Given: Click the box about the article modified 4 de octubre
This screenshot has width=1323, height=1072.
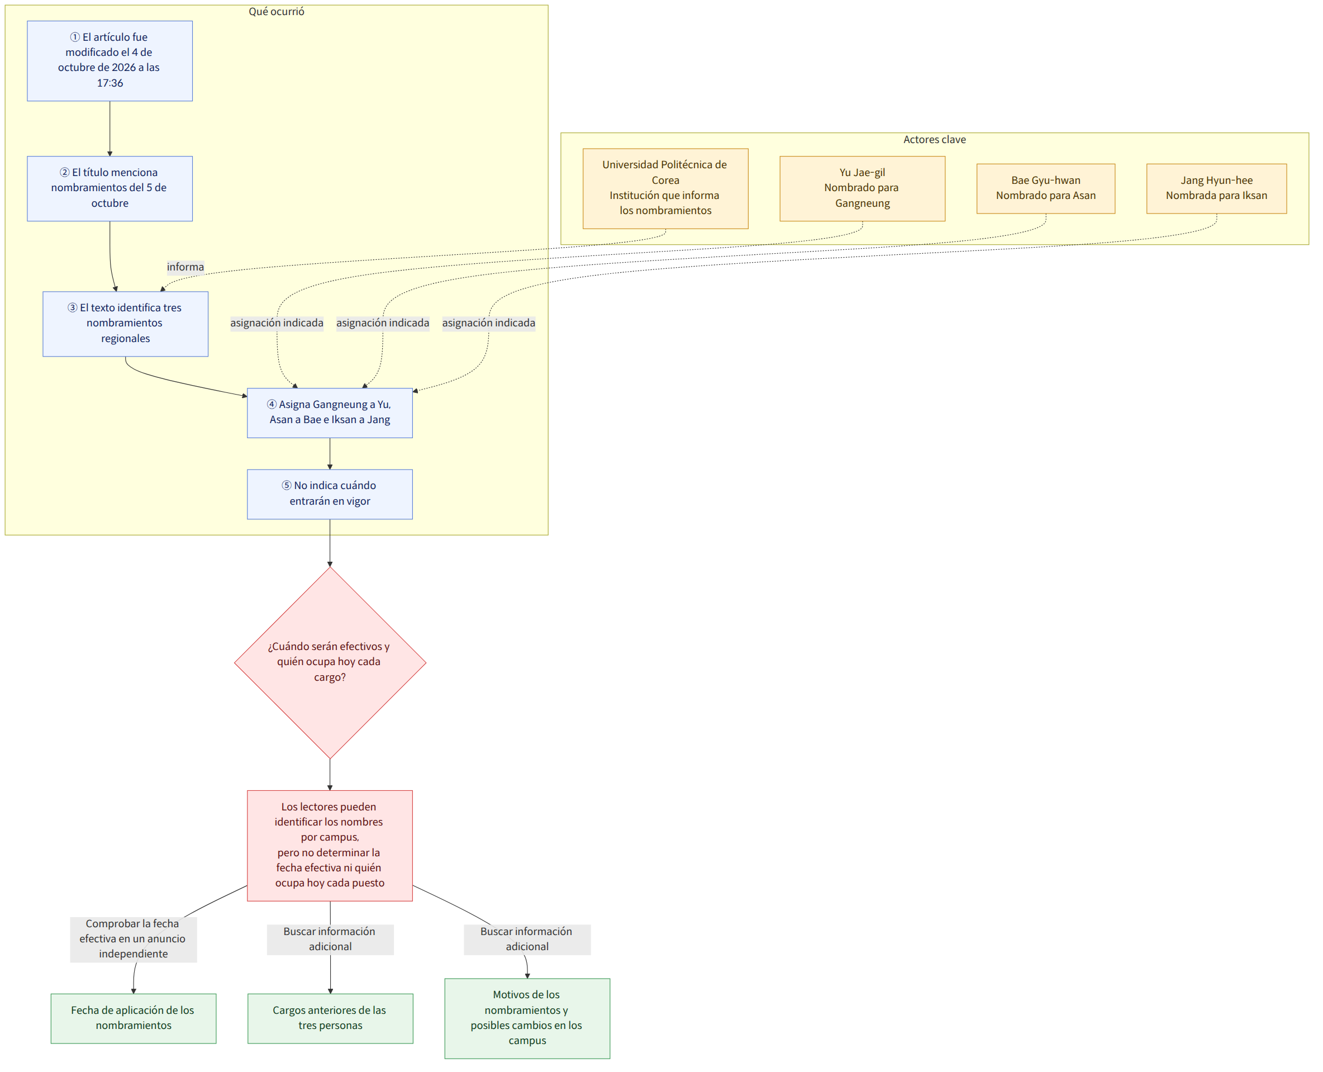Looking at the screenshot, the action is pos(110,61).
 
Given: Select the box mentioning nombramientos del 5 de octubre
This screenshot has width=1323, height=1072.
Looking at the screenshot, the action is pos(110,188).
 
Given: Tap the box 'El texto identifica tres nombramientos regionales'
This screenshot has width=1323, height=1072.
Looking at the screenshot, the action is pos(125,324).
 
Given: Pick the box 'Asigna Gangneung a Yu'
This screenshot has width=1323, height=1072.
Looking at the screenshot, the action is pos(330,412).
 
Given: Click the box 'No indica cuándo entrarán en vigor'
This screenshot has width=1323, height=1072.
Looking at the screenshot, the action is pos(330,494).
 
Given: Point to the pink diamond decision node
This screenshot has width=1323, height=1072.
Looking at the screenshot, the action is pos(330,662).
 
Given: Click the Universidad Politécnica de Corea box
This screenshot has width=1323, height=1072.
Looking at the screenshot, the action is pos(665,188).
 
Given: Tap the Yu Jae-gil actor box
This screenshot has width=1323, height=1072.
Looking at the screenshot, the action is pos(862,188).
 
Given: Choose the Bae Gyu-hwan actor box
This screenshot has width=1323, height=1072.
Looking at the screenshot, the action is pos(1045,188).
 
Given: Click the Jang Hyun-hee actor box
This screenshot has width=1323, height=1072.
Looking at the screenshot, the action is pos(1216,188).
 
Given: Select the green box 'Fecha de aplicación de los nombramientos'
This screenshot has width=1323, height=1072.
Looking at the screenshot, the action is pos(134,1018).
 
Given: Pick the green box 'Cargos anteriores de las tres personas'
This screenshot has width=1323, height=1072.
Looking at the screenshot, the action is pos(330,1018).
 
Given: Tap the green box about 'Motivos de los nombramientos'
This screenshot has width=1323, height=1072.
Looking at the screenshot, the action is pos(527,1018).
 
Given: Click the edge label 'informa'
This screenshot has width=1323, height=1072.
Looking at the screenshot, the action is pos(185,267).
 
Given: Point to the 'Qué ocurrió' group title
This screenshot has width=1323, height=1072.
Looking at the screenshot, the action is pos(276,12).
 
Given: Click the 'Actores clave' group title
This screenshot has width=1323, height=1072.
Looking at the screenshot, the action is pos(934,140).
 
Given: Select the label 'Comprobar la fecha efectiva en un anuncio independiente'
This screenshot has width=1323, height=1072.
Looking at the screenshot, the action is pos(134,938).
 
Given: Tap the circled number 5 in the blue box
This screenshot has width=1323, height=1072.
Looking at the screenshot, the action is pos(287,485).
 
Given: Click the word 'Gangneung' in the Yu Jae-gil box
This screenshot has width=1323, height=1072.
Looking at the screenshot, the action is pos(862,203).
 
